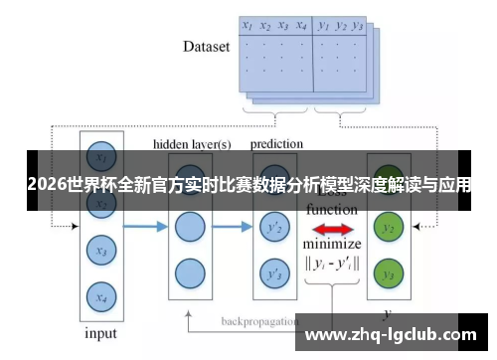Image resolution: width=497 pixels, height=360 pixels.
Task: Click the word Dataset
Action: click(207, 46)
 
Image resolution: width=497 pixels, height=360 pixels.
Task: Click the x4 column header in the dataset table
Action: click(300, 26)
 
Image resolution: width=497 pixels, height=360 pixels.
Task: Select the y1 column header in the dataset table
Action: click(323, 26)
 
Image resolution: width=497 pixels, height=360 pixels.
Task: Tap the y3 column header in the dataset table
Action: click(358, 26)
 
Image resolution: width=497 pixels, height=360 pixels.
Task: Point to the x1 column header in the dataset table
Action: click(248, 26)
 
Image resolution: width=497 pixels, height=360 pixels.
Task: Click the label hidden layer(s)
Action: click(192, 144)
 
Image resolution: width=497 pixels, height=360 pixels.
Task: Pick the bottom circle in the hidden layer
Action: click(189, 271)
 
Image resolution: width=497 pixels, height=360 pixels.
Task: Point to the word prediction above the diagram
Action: click(276, 144)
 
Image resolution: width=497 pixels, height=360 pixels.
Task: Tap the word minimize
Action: click(332, 245)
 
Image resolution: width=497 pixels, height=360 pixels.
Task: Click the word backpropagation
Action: click(257, 322)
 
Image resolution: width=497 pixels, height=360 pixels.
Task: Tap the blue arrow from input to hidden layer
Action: click(144, 228)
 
